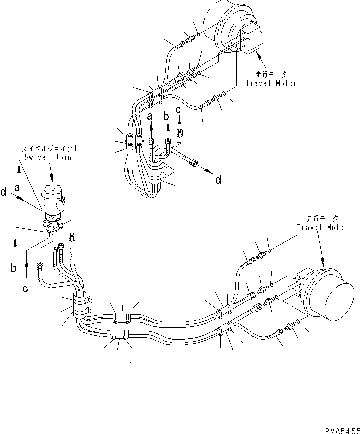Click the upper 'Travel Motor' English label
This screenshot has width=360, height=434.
[x=271, y=83]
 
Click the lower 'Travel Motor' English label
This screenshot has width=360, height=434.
[x=322, y=227]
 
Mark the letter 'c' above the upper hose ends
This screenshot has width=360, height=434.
[x=178, y=111]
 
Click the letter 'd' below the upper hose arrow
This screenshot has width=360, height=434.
[x=218, y=180]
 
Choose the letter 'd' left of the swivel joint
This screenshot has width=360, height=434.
[x=4, y=192]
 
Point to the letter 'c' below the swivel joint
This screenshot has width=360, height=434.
[x=24, y=288]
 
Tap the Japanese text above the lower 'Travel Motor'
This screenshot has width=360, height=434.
[x=322, y=218]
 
